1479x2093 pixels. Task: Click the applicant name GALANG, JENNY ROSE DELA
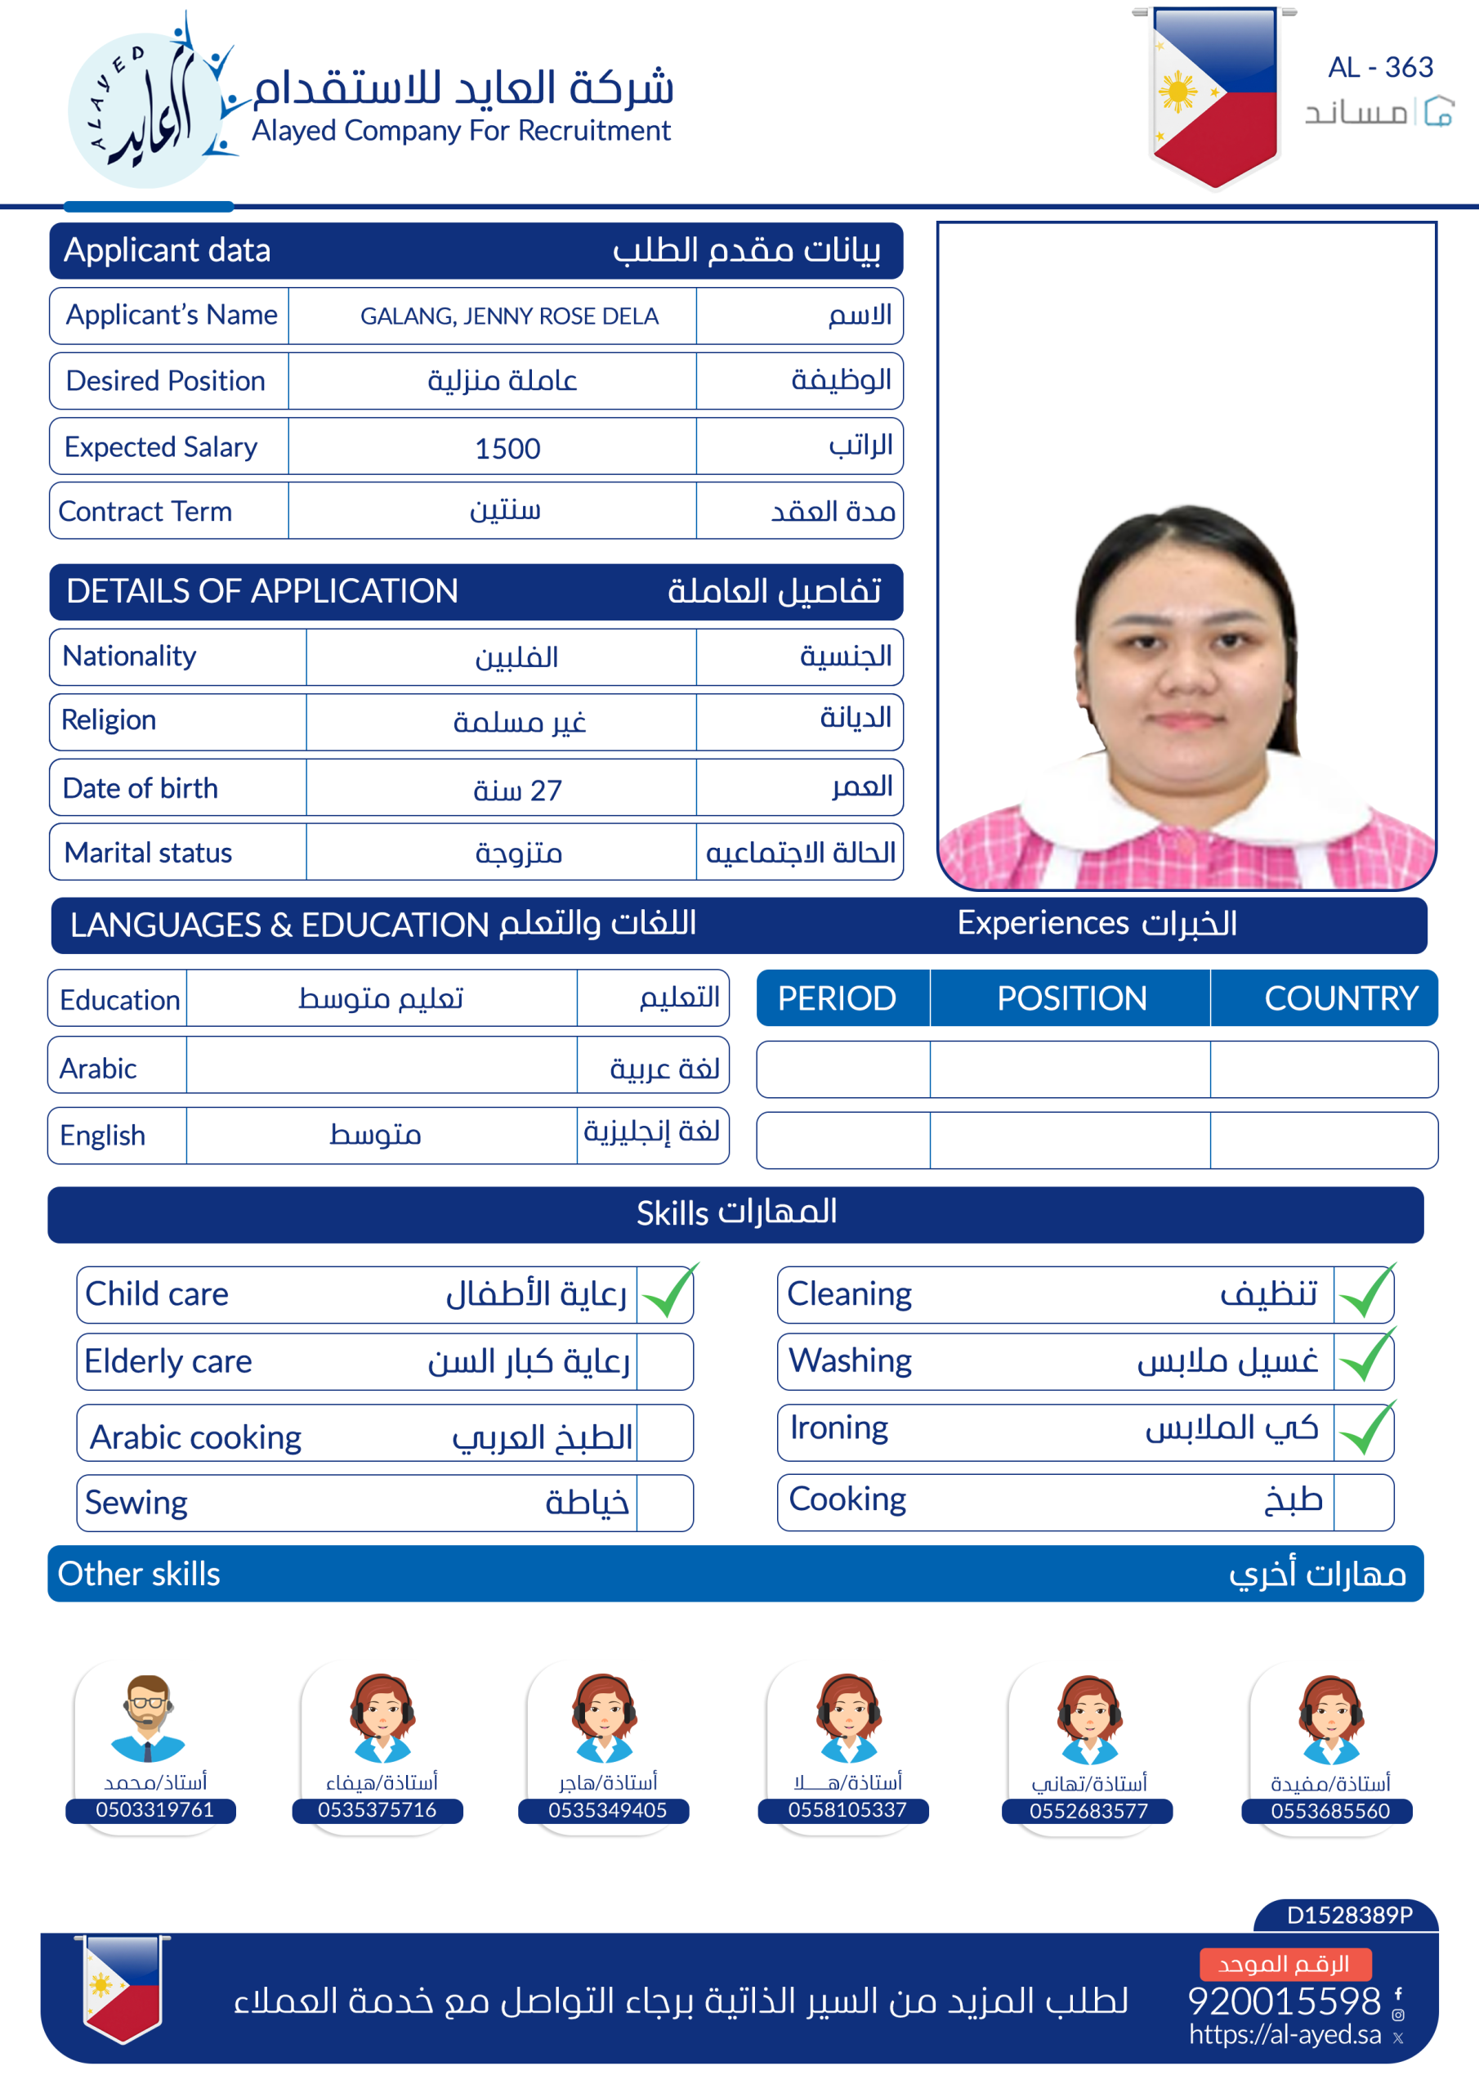[508, 316]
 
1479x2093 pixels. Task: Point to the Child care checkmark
[668, 1293]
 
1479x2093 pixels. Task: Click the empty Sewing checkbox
[664, 1504]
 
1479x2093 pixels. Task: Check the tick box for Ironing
[1364, 1432]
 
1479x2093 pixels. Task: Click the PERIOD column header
[837, 998]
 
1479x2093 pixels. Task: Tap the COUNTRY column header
[1340, 998]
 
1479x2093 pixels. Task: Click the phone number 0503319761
[154, 1810]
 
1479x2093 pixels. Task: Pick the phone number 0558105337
[847, 1810]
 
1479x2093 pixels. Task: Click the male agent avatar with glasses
[148, 1718]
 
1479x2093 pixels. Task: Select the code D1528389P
[1349, 1916]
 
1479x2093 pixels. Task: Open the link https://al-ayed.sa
[1284, 2035]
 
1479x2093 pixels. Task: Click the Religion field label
[109, 720]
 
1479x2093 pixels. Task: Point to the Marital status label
[148, 854]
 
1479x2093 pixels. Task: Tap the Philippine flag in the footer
[122, 1988]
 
